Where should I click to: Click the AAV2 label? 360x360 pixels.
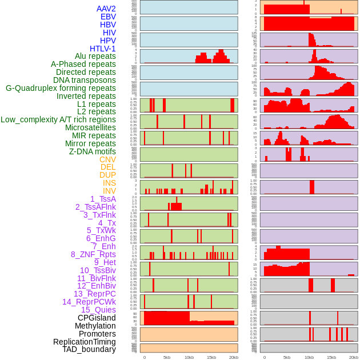coord(106,9)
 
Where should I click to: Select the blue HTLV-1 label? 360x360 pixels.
coord(102,49)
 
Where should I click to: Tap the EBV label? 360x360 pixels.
coord(107,17)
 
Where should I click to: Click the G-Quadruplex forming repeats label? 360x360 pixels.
coord(61,88)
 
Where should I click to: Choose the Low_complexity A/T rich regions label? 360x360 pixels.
coord(58,119)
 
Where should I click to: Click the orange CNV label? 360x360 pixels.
coord(107,159)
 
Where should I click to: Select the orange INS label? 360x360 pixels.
coord(109,183)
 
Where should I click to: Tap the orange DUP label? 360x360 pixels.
coord(107,175)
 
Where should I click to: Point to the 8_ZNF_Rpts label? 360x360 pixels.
coord(93,254)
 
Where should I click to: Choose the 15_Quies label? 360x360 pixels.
coord(98,310)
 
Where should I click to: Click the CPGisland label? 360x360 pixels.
coord(97,318)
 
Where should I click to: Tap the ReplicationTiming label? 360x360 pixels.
coord(84,342)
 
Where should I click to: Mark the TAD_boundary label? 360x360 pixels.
coord(89,349)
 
